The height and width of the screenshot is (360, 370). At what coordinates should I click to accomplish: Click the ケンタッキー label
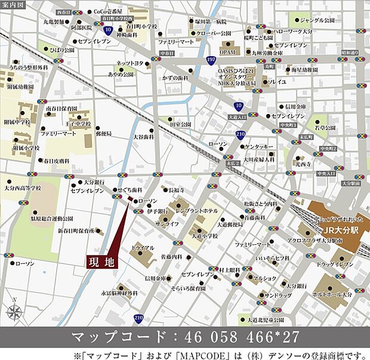tap(259, 146)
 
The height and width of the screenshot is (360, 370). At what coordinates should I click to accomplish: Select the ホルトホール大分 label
tap(332, 293)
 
